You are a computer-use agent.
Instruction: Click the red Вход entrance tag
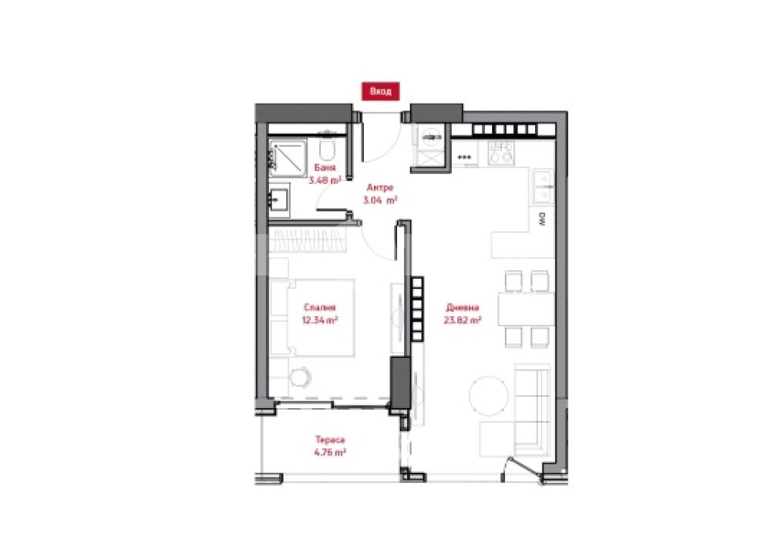pyautogui.click(x=380, y=92)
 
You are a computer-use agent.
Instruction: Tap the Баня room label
pyautogui.click(x=325, y=168)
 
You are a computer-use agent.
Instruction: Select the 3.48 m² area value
pyautogui.click(x=325, y=180)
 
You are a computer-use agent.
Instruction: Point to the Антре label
pyautogui.click(x=380, y=188)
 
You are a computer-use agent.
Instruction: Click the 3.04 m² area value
pyautogui.click(x=380, y=200)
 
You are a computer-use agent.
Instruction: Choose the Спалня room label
pyautogui.click(x=320, y=307)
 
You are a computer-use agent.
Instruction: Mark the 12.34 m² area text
pyautogui.click(x=320, y=320)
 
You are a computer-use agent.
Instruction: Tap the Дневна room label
pyautogui.click(x=462, y=308)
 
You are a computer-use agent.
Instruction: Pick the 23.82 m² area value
pyautogui.click(x=462, y=320)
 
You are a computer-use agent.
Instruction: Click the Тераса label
pyautogui.click(x=330, y=440)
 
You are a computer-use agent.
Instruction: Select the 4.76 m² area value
pyautogui.click(x=330, y=453)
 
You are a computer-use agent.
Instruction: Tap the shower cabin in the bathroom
pyautogui.click(x=288, y=156)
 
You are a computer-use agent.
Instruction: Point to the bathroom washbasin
pyautogui.click(x=279, y=200)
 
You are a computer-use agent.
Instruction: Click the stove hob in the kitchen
pyautogui.click(x=500, y=152)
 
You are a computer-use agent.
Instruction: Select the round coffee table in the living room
pyautogui.click(x=488, y=396)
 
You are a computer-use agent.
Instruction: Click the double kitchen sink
pyautogui.click(x=544, y=186)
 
